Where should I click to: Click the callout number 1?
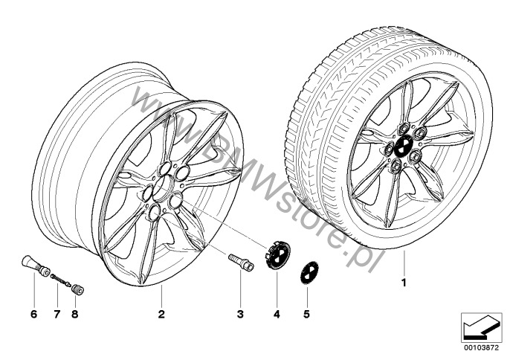click(x=404, y=283)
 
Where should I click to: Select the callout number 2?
click(x=161, y=314)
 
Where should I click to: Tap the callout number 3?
click(x=240, y=314)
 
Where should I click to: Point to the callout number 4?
click(x=277, y=314)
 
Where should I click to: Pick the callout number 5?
click(x=306, y=314)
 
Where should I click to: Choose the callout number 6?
click(x=34, y=314)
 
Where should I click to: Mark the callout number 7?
click(x=57, y=314)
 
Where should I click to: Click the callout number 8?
click(x=75, y=314)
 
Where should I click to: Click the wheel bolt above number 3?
click(x=241, y=261)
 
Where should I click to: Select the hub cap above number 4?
click(x=277, y=255)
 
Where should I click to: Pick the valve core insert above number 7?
click(x=60, y=280)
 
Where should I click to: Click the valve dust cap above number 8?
click(x=78, y=289)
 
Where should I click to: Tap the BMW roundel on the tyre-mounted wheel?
click(x=403, y=146)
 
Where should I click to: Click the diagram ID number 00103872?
click(x=481, y=347)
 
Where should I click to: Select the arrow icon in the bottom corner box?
click(x=481, y=327)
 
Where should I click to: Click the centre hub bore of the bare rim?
click(x=163, y=188)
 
